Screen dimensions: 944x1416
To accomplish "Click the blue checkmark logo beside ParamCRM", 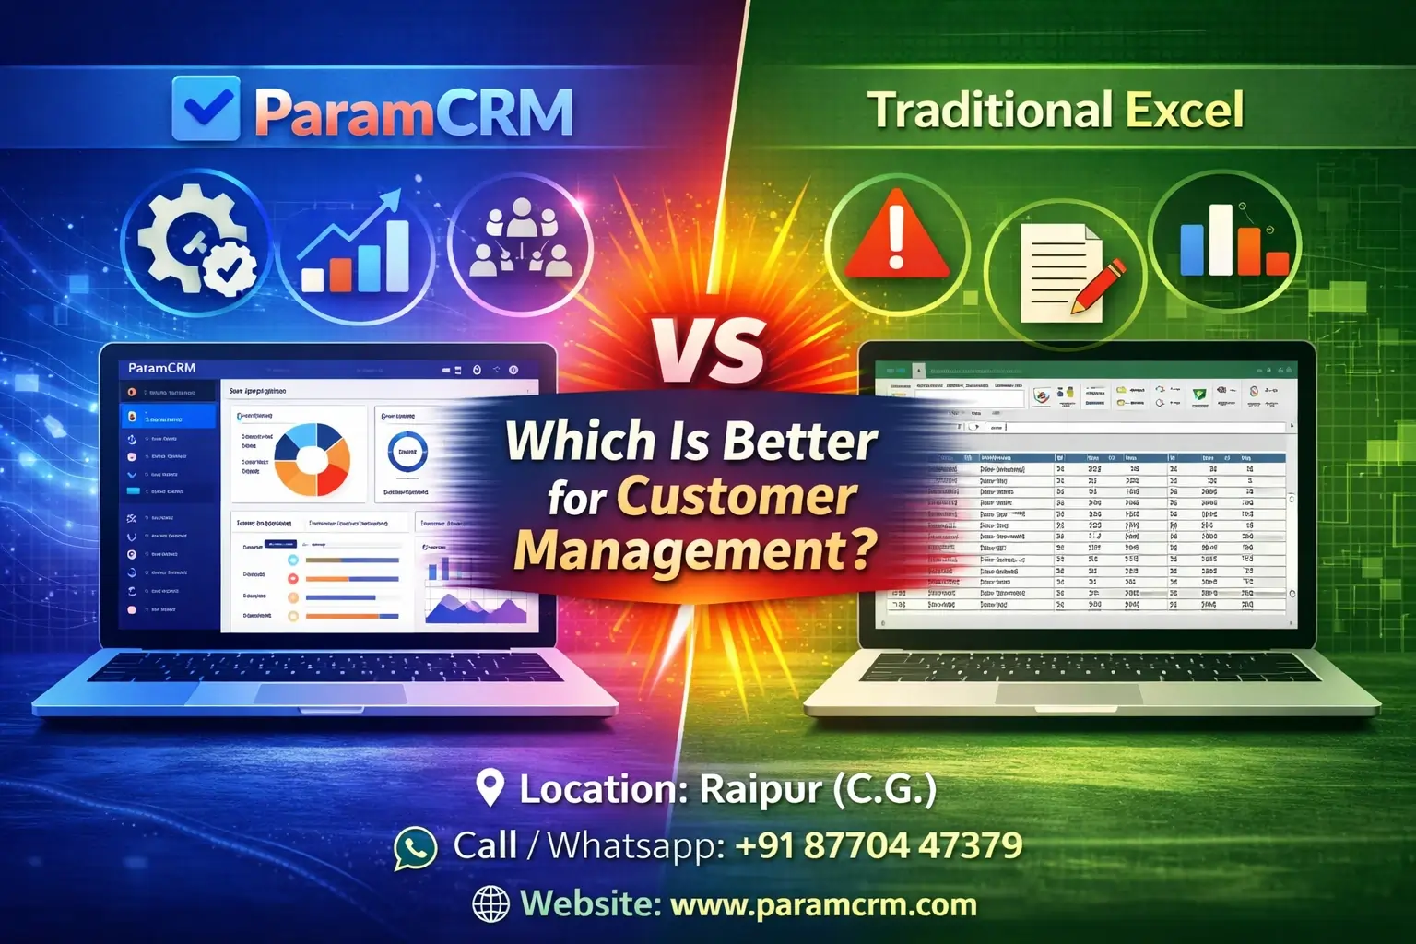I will (x=206, y=109).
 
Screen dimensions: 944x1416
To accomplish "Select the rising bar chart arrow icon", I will (x=355, y=244).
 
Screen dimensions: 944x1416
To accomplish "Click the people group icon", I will (x=520, y=242).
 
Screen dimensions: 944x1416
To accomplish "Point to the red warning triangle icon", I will (x=896, y=242).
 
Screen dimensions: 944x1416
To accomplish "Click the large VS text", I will (x=710, y=350).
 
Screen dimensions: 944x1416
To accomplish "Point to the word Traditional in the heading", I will (x=991, y=110).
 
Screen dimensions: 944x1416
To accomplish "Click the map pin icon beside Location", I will (x=490, y=788).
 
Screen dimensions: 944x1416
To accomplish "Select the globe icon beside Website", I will (x=490, y=904).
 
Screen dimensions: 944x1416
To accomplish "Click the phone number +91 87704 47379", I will (x=879, y=845).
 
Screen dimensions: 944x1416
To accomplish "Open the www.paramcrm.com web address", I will (x=823, y=904).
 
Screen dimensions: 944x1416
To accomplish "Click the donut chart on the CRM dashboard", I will (x=313, y=459).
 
